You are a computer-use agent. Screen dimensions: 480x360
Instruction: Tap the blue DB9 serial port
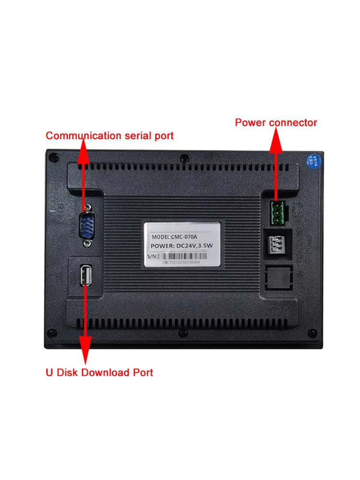[x=86, y=225]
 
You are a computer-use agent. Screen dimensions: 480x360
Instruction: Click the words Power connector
[x=276, y=123]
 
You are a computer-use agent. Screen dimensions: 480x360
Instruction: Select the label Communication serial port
[x=109, y=136]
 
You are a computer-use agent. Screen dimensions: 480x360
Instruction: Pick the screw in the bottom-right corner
[x=312, y=333]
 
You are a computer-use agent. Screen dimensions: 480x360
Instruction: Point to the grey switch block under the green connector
[x=279, y=243]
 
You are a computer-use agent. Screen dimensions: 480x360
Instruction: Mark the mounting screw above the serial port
[x=87, y=207]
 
